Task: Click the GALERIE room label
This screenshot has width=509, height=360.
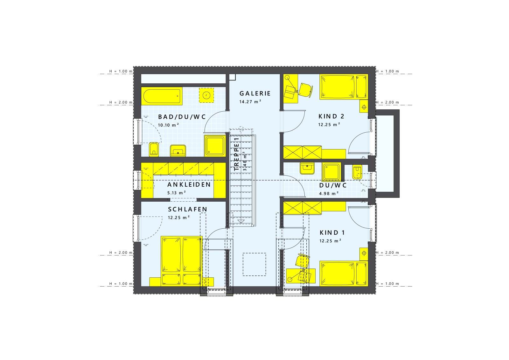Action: click(x=255, y=93)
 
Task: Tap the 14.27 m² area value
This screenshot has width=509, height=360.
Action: click(x=250, y=101)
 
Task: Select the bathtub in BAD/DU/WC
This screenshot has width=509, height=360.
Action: click(x=162, y=96)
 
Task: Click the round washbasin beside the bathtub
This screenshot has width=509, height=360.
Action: click(x=206, y=95)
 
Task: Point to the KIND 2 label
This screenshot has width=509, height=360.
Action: click(x=331, y=116)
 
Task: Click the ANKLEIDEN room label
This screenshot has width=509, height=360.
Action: click(x=189, y=184)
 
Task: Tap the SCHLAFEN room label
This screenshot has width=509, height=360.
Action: click(x=188, y=209)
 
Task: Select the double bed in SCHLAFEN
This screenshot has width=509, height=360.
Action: click(x=182, y=261)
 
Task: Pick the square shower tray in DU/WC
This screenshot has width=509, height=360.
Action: click(x=331, y=172)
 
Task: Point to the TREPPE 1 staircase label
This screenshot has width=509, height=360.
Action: click(x=237, y=154)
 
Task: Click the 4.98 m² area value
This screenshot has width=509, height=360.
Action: click(x=329, y=193)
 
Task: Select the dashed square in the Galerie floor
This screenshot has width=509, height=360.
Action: click(x=254, y=264)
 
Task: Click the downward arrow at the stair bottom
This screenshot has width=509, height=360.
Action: click(x=241, y=221)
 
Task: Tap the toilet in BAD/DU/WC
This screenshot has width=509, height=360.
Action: click(x=154, y=149)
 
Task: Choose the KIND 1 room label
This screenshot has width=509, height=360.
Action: click(x=332, y=232)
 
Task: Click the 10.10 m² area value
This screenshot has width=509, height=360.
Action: click(x=168, y=125)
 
